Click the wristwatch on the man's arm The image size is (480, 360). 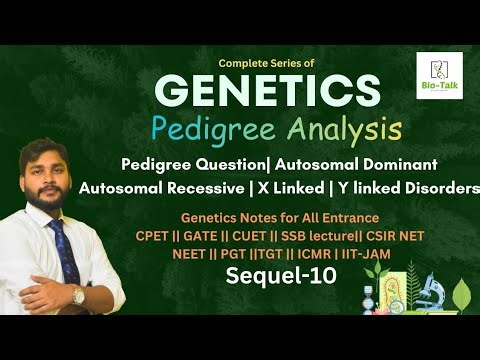coord(77,295)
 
